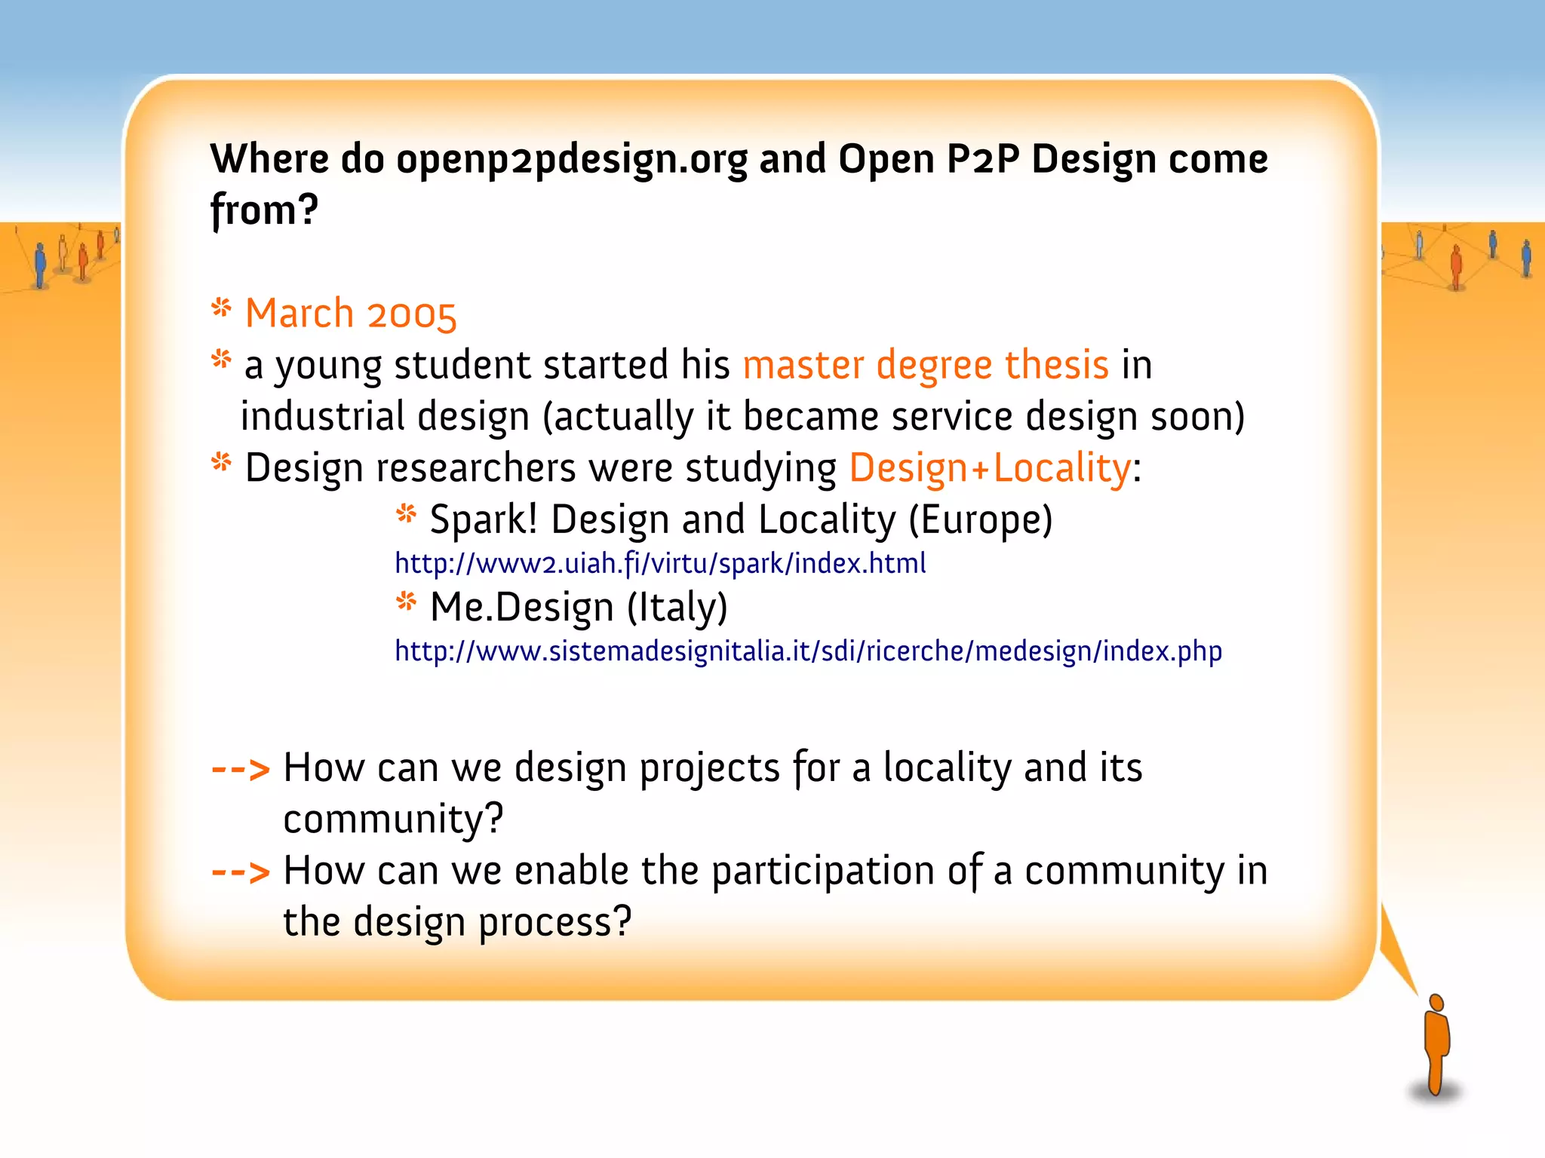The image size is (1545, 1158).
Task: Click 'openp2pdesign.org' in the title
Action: (x=571, y=160)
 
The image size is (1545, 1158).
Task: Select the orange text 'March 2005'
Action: (x=351, y=314)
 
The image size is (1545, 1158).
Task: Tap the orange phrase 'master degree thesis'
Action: (x=926, y=365)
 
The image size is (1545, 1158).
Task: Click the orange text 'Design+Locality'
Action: (x=990, y=468)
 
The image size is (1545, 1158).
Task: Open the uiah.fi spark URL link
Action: (x=660, y=564)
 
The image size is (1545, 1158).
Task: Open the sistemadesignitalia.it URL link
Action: (x=808, y=651)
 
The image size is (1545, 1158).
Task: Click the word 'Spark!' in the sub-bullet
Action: (x=484, y=519)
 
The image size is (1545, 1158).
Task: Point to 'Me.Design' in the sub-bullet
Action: (x=522, y=607)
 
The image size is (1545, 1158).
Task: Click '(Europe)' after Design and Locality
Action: (x=981, y=519)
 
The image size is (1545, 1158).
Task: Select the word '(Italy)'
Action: (x=677, y=607)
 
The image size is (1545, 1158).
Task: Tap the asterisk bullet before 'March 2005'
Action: (x=221, y=308)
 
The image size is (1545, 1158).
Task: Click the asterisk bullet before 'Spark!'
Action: (x=406, y=514)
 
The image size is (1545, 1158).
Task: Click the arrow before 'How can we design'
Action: (x=241, y=770)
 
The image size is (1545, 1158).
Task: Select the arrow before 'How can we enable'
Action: (x=241, y=873)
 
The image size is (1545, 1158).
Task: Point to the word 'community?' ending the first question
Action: (x=393, y=819)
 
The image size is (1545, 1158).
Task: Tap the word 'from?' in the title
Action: (x=265, y=210)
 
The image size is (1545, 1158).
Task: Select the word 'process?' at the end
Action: (x=554, y=923)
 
